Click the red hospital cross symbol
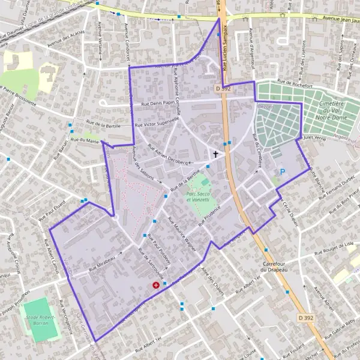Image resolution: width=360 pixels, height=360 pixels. coord(157,286)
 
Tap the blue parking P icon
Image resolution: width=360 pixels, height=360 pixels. coord(283,172)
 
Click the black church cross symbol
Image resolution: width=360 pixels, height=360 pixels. coord(215,154)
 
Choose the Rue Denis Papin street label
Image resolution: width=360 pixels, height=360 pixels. coord(157,103)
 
